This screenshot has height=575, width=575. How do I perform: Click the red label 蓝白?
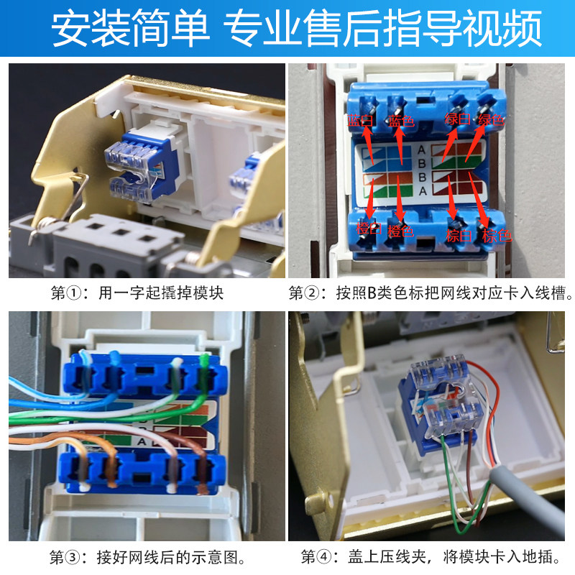361,120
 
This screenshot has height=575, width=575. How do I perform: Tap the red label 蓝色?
401,121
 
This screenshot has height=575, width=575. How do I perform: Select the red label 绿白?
457,119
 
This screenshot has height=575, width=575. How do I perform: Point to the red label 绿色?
491,119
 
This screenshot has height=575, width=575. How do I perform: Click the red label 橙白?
369,229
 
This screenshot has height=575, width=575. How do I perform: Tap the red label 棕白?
459,236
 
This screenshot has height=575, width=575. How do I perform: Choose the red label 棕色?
497,236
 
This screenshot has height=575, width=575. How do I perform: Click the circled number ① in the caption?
75,293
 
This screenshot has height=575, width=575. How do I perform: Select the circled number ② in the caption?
313,293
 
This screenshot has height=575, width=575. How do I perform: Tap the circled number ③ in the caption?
73,558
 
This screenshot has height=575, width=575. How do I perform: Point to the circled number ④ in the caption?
324,556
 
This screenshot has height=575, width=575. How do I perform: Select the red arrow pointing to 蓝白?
369,144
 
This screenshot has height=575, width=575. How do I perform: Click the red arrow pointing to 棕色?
479,201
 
